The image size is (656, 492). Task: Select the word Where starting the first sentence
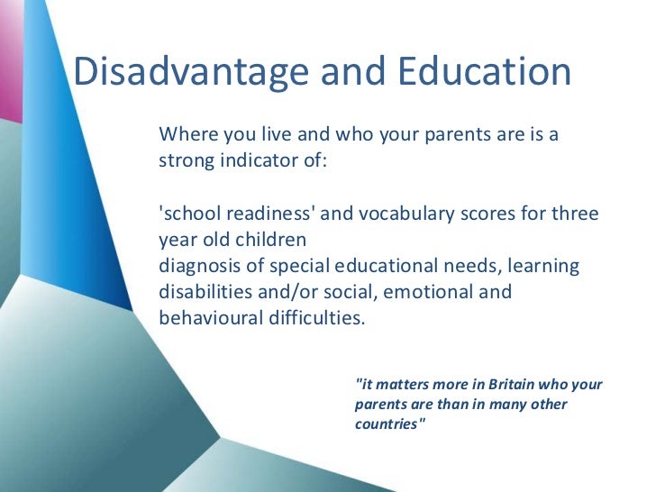click(186, 136)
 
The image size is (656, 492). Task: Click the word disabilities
click(200, 293)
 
